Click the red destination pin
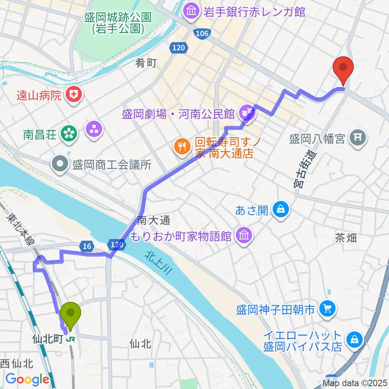[343, 68]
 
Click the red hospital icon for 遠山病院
[73, 96]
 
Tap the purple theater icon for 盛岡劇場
[246, 110]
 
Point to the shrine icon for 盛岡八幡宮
[358, 139]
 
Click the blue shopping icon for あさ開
[280, 209]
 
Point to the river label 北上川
[157, 263]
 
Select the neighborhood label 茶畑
[346, 238]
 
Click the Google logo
[27, 379]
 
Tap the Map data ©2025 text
[355, 383]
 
